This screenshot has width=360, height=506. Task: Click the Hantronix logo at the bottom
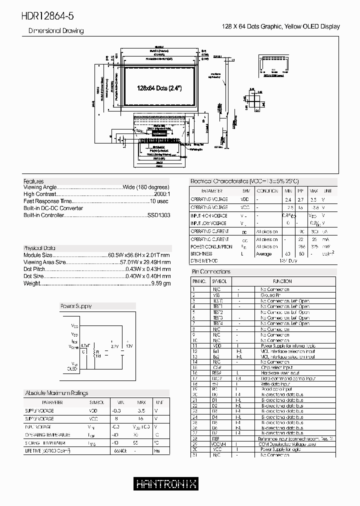(x=166, y=483)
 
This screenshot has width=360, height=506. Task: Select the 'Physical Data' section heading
(x=39, y=248)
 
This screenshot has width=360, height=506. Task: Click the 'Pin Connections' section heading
(x=211, y=271)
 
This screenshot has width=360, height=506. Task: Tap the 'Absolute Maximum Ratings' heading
(x=56, y=393)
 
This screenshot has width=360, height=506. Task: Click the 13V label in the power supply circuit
(x=129, y=345)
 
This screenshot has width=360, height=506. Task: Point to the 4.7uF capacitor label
(x=84, y=344)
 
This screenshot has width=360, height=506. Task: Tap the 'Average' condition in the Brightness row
(x=263, y=254)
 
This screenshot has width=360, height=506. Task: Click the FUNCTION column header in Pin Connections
(x=282, y=281)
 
